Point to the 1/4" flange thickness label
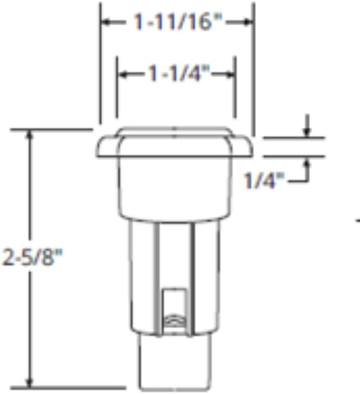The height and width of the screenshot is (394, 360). click(264, 181)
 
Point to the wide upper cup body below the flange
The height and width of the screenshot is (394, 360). click(175, 185)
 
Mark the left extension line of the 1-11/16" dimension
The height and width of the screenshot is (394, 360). click(100, 63)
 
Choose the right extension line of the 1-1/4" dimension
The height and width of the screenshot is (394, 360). click(236, 89)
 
